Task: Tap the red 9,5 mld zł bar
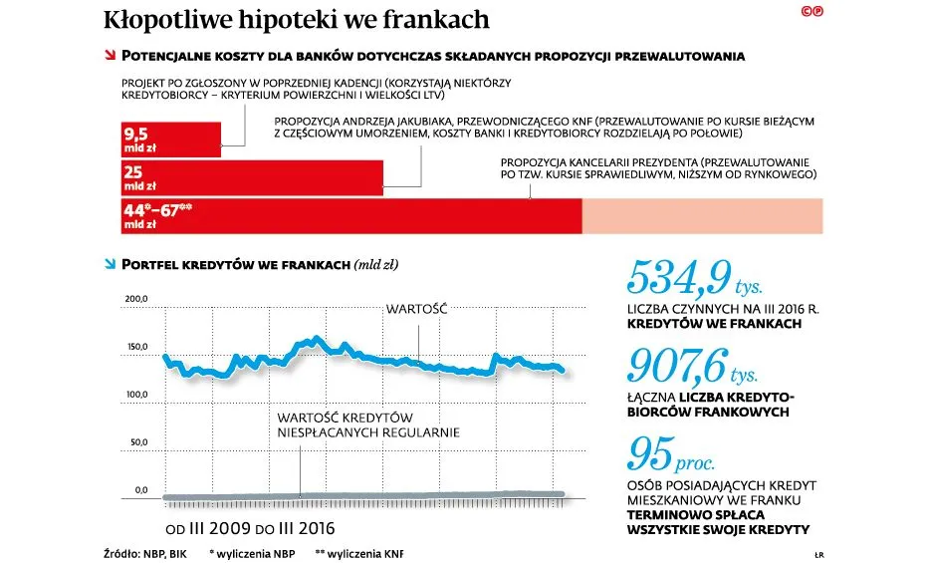169,139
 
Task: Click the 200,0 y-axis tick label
135,299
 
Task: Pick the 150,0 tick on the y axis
135,348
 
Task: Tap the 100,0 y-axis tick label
135,396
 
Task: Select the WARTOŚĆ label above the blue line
417,309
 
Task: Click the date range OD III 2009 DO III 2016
250,527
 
